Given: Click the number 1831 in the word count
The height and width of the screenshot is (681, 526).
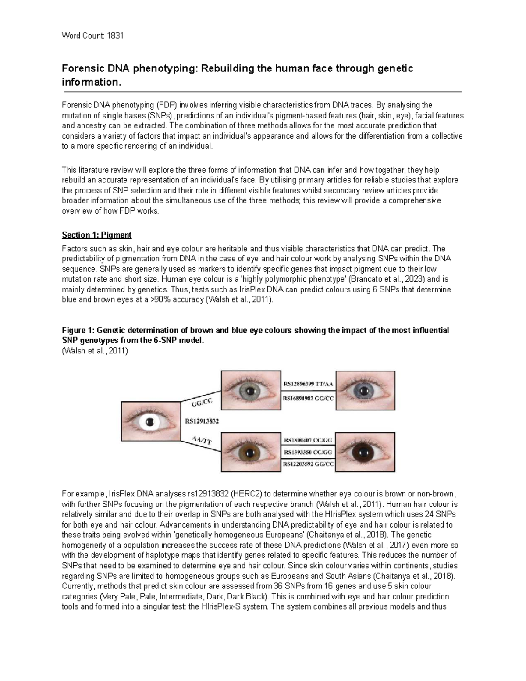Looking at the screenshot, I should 115,36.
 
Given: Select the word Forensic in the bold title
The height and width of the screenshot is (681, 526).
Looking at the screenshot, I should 80,68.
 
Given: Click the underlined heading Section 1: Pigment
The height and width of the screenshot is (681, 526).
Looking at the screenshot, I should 96,235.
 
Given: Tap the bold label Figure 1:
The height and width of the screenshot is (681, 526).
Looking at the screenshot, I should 78,330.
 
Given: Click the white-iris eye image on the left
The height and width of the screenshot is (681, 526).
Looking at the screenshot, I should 150,422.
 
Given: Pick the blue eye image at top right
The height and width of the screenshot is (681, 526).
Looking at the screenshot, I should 365,390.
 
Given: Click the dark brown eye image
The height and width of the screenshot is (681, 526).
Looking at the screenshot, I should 365,452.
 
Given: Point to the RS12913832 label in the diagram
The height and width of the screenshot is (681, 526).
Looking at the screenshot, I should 202,421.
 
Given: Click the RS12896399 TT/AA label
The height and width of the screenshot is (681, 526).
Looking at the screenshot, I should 308,384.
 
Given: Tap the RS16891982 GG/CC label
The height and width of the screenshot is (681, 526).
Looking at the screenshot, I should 308,398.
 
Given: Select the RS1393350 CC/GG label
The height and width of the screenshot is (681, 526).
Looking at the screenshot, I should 308,452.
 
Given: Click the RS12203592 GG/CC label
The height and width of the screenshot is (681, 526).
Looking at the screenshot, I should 308,464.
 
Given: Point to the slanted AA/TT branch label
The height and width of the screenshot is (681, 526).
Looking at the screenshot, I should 202,440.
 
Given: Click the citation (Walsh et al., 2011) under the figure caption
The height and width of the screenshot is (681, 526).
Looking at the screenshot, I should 95,351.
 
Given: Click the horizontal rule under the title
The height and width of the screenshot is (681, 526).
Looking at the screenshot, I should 263,92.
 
